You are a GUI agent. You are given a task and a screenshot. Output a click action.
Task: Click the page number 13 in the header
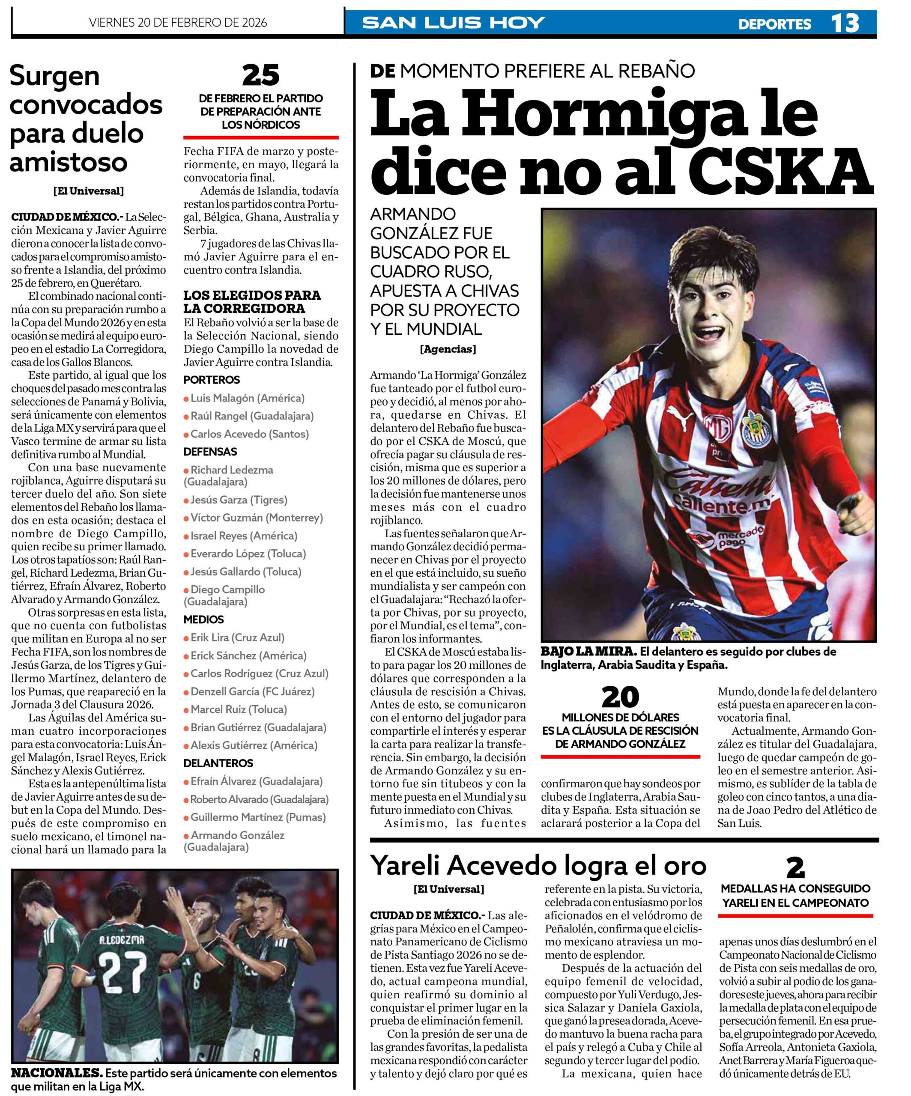pos(844,24)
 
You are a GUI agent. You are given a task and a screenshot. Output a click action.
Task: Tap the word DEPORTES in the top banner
pos(774,24)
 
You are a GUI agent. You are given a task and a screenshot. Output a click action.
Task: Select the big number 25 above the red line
pos(260,76)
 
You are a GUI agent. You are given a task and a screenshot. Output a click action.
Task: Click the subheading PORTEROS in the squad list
pos(212,380)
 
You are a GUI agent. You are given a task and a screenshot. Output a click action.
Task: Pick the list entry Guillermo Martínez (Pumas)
pos(257,817)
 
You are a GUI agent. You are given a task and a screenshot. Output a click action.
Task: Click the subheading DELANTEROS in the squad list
pos(218,763)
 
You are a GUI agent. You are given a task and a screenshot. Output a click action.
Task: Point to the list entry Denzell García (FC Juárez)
pos(252,691)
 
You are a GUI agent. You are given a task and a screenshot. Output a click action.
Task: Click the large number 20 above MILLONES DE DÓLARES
pos(620,697)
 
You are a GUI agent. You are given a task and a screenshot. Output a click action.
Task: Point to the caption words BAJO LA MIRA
pos(588,652)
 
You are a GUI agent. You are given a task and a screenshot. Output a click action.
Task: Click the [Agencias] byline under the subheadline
pos(448,349)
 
